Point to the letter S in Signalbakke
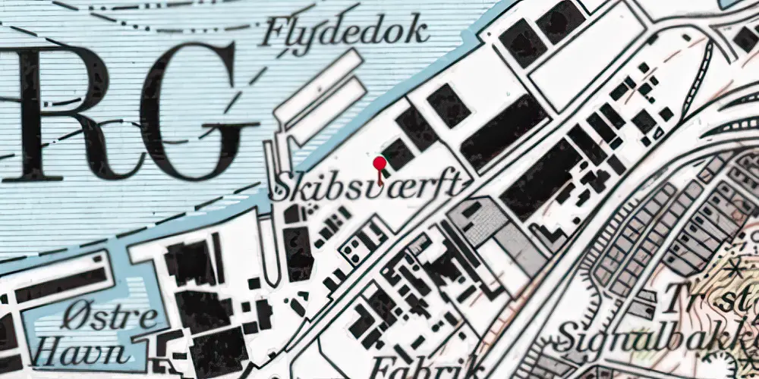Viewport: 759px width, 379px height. [x=568, y=336]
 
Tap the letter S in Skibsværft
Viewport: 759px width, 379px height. [x=283, y=186]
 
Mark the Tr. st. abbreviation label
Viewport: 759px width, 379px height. [x=710, y=300]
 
